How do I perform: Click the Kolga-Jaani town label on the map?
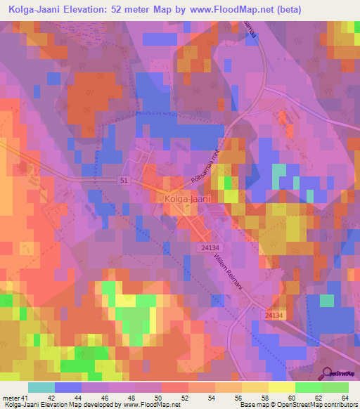pyautogui.click(x=186, y=199)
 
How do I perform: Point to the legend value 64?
pyautogui.click(x=344, y=397)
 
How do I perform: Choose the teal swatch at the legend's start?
pyautogui.click(x=41, y=387)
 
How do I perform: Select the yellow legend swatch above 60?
pyautogui.click(x=281, y=387)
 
